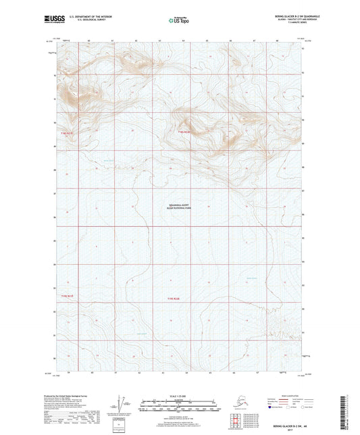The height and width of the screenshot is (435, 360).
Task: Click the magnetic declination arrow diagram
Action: tap(128, 406)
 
